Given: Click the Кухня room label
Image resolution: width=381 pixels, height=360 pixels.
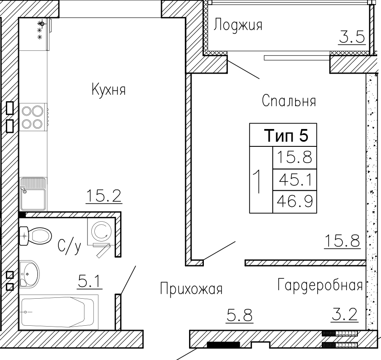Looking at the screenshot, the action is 109,89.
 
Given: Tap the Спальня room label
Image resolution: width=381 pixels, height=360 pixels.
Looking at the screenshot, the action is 289,101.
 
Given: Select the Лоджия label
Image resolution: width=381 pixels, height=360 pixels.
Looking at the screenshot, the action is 238,25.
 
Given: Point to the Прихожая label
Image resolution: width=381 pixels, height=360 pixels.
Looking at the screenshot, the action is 191,289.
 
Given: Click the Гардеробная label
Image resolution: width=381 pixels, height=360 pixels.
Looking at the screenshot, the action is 320,285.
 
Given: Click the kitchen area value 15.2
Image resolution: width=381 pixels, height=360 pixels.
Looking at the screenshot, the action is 104,196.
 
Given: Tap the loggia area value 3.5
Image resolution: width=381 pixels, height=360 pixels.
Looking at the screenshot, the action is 352,37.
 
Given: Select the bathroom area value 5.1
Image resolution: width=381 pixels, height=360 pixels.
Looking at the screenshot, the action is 89,282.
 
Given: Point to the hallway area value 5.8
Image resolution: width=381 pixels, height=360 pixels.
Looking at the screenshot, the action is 240,316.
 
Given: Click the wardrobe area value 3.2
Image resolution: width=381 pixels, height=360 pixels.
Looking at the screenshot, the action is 345,315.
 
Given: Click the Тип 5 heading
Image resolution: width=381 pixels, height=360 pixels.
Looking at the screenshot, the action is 286,135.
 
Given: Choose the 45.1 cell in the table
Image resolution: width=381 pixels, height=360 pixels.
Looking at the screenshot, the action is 295,180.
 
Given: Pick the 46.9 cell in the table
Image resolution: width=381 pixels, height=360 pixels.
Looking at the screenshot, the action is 295,202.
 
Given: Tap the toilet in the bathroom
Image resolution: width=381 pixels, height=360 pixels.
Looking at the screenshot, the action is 35,236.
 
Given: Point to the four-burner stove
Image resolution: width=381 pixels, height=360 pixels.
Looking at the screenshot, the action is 33,118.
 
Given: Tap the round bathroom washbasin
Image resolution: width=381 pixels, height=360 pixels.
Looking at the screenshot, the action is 30,274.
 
